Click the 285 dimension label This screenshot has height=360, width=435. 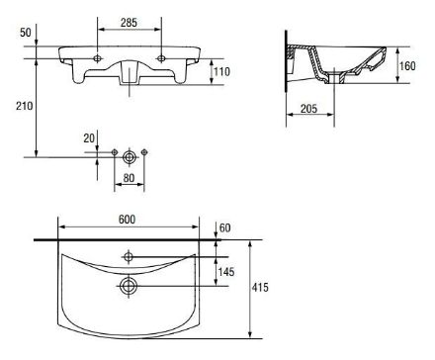point(129,23)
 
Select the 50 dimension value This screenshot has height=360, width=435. point(26,33)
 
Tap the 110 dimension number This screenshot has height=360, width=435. point(221,71)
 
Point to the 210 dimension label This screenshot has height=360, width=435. point(25,106)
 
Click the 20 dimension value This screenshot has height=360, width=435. point(89,138)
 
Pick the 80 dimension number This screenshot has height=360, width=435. point(129,178)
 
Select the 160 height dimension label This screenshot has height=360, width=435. point(407,66)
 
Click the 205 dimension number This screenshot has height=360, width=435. point(308,108)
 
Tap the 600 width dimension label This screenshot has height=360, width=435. point(128,220)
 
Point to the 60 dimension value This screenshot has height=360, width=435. point(225,227)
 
